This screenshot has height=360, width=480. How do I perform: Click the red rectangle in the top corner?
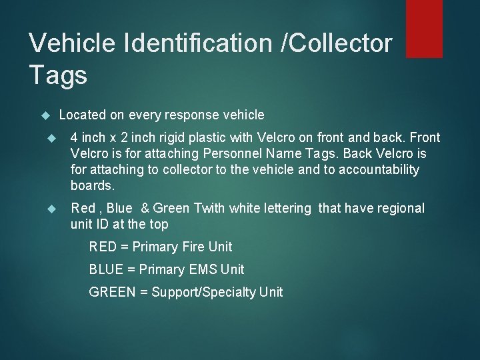tap(424, 28)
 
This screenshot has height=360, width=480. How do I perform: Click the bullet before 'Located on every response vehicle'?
tap(45, 115)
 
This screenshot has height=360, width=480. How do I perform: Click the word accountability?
tap(379, 169)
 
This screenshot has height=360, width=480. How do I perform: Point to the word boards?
tap(93, 185)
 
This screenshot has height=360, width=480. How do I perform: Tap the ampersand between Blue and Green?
tap(145, 208)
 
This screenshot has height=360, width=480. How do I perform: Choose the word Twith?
tap(209, 208)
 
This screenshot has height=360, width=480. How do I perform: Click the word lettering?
tap(284, 208)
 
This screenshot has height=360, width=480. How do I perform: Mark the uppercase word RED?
tap(103, 247)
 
